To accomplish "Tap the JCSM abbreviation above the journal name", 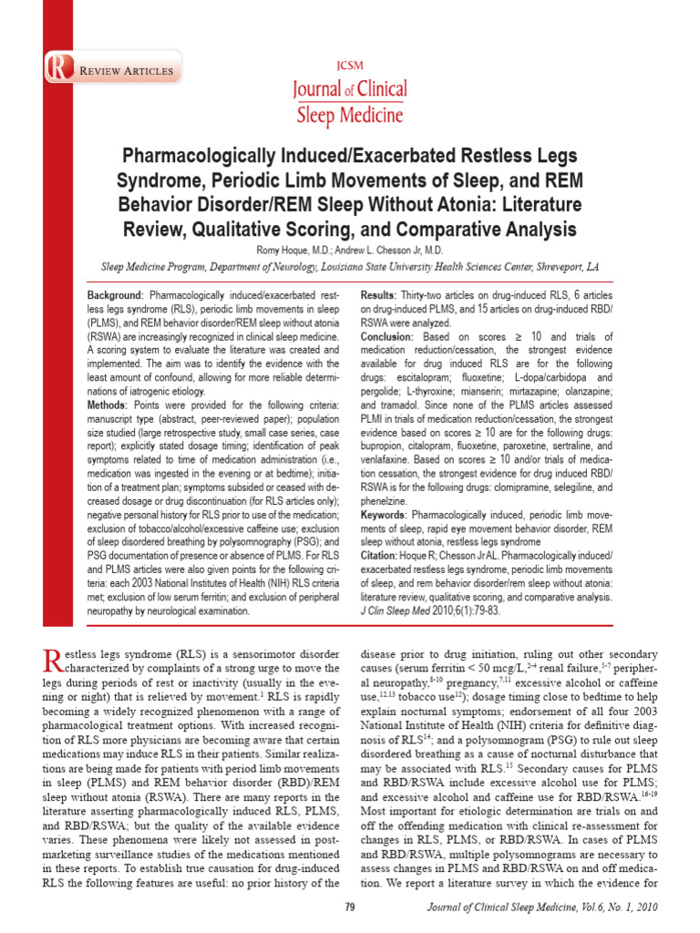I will tap(350, 66).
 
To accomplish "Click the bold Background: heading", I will tap(115, 297).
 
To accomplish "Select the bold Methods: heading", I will tap(108, 404).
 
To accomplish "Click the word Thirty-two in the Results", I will tap(428, 297).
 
